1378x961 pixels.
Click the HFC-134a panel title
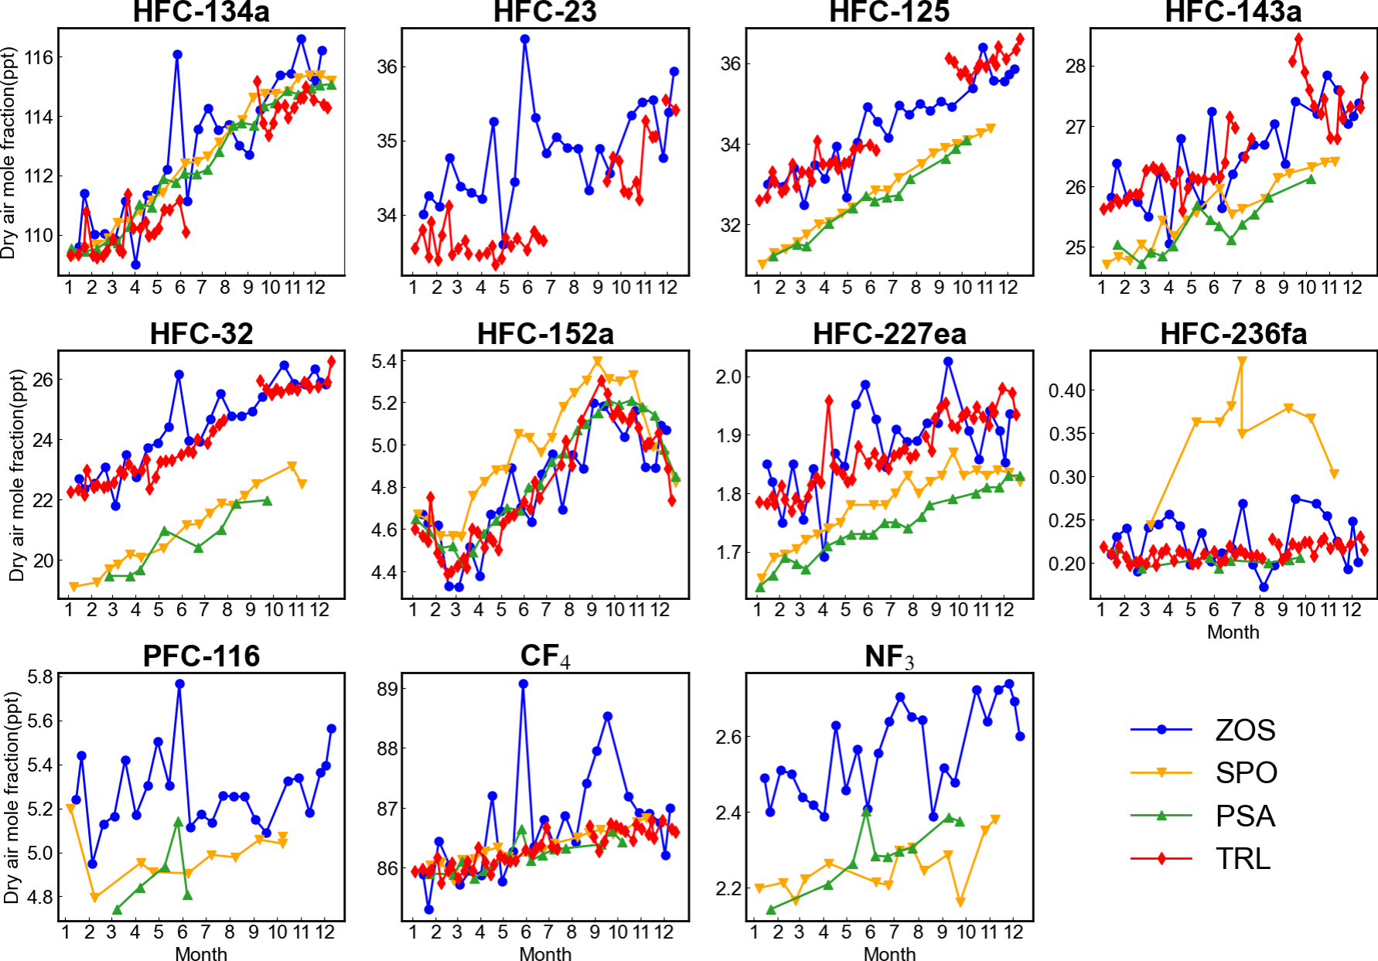[201, 12]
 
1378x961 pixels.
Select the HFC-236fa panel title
[1233, 334]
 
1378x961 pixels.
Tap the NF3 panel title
[889, 656]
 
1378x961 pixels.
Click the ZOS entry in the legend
[1245, 730]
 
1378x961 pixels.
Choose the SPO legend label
[1246, 772]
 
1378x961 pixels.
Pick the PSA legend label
[1245, 816]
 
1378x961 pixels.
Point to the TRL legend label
[1243, 858]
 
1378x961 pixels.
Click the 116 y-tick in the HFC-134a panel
[39, 57]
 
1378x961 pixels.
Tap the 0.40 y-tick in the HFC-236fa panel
[1067, 390]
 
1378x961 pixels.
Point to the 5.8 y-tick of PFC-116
[40, 677]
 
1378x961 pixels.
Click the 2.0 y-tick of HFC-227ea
[729, 377]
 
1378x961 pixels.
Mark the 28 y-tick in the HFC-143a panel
[1076, 66]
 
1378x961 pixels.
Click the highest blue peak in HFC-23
[525, 39]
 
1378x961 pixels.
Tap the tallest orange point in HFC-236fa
[1242, 360]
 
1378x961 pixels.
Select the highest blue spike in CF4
[524, 684]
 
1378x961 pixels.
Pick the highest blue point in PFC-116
[179, 684]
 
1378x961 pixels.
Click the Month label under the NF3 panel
[889, 954]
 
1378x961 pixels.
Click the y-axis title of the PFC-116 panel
[11, 797]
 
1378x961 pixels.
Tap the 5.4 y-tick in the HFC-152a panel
[384, 362]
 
